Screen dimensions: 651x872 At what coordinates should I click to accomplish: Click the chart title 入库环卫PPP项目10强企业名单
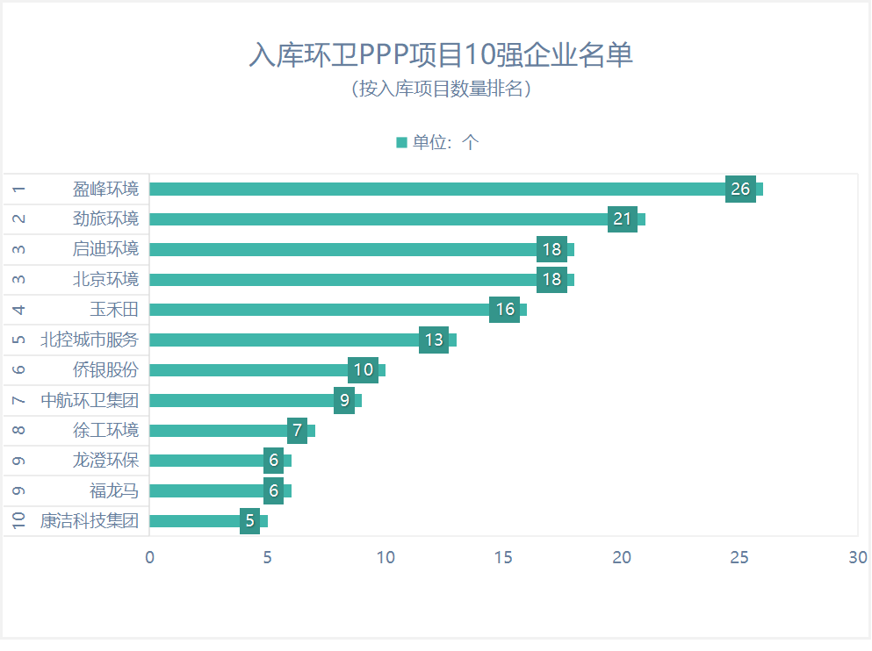(x=441, y=55)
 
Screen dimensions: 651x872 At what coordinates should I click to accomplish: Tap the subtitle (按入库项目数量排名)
(x=441, y=89)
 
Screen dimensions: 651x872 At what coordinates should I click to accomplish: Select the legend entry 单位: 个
(x=437, y=142)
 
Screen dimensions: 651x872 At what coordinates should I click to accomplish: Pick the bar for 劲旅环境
(x=378, y=219)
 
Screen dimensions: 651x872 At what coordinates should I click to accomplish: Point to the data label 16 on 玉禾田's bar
(x=504, y=310)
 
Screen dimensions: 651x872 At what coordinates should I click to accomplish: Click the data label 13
(x=434, y=340)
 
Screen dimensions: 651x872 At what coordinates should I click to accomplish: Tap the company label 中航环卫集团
(x=90, y=401)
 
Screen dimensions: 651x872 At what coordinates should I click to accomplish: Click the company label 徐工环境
(x=105, y=431)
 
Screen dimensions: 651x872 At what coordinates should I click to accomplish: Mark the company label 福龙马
(x=114, y=491)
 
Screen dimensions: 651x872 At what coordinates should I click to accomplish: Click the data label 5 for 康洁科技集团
(x=249, y=521)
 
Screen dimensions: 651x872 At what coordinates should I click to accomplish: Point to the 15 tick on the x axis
(x=503, y=557)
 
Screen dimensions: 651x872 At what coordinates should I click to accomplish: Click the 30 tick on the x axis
(x=857, y=557)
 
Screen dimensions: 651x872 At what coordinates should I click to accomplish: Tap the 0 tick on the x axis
(x=149, y=557)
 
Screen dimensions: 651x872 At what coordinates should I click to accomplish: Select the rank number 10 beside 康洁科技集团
(x=19, y=521)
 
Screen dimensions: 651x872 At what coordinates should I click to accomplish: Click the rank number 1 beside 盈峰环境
(x=19, y=189)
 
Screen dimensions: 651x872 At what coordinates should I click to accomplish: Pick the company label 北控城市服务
(x=90, y=340)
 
